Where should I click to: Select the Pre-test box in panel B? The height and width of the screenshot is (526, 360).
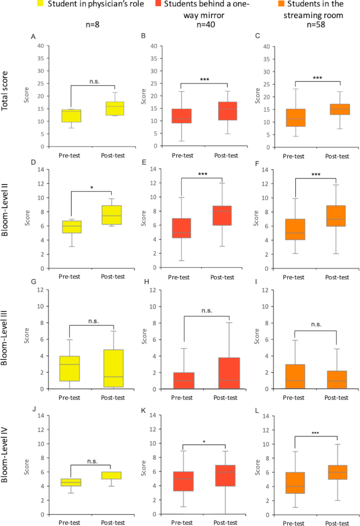tap(183, 116)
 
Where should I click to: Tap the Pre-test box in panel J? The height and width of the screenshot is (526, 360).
tap(71, 482)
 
